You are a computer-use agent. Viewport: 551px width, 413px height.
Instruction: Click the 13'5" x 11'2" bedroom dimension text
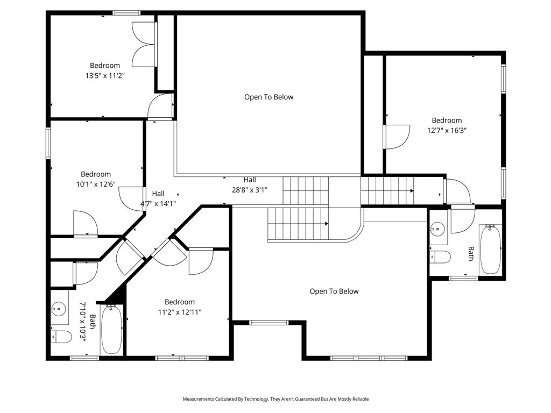point(105,76)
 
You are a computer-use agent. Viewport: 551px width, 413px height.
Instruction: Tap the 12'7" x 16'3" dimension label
point(447,130)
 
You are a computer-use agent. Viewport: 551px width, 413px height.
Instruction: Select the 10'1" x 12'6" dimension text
point(96,184)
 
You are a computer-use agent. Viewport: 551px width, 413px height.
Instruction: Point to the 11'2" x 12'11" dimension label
point(180,312)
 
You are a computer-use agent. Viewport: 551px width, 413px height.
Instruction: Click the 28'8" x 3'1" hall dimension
point(249,189)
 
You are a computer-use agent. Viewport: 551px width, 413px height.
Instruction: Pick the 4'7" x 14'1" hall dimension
point(158,203)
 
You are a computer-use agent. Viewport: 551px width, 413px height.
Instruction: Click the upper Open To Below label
point(269,97)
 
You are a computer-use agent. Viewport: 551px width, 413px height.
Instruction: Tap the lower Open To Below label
point(334,291)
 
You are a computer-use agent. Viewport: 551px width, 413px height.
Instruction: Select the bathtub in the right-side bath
point(490,250)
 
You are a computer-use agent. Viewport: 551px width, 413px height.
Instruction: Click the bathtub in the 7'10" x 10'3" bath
point(111,329)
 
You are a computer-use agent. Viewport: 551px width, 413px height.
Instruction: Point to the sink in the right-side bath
point(438,229)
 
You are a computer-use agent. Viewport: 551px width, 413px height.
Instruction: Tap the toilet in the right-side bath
point(441,257)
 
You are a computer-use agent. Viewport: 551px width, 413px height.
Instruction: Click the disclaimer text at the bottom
point(275,399)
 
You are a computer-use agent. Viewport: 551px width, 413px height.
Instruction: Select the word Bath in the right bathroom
point(471,254)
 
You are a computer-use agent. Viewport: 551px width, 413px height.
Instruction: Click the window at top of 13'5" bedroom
point(126,12)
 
